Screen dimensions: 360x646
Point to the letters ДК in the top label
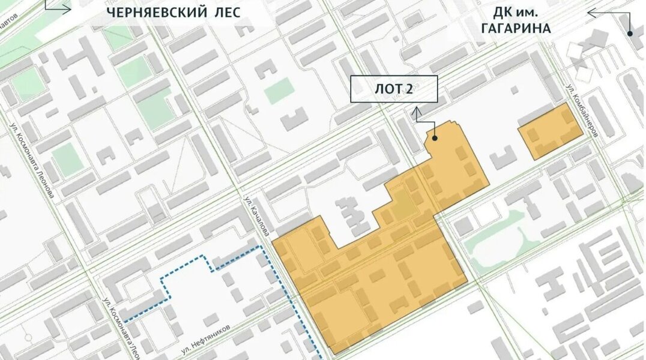[504, 12]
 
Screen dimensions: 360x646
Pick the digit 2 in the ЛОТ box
[409, 89]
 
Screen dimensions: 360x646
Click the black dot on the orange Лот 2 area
[434, 138]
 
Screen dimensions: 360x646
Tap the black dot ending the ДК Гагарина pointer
[630, 34]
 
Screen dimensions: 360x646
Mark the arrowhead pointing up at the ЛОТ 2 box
[416, 111]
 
